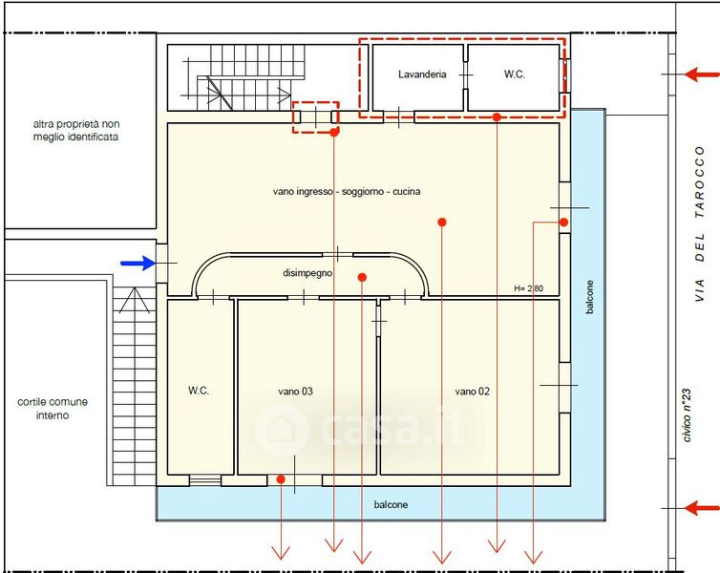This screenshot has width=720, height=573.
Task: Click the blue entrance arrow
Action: (138, 263)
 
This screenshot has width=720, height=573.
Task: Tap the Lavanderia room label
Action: (422, 74)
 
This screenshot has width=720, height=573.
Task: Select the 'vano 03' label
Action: (295, 392)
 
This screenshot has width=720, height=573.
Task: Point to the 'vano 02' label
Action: (472, 392)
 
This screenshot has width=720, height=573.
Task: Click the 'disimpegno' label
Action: (307, 273)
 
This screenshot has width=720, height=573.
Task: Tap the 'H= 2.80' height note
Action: (528, 288)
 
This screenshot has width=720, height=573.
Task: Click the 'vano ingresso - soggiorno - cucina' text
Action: (347, 191)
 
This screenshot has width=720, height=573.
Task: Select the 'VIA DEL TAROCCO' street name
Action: (699, 223)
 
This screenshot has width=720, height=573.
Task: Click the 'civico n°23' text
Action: (687, 415)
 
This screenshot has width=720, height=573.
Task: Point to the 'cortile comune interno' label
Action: (53, 408)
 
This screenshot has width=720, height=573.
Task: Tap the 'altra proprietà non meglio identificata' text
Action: (75, 131)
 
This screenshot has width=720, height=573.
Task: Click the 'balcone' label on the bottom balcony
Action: (391, 504)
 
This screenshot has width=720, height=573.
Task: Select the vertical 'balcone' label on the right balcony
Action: (589, 297)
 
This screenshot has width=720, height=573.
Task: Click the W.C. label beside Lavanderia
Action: (515, 74)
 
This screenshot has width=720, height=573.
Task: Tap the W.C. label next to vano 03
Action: (199, 391)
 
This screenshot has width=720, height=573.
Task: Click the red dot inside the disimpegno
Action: (362, 277)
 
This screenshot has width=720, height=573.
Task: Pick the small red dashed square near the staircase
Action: (316, 117)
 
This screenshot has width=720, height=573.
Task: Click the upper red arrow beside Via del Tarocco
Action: (702, 74)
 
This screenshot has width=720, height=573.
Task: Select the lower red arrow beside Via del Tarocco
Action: (702, 508)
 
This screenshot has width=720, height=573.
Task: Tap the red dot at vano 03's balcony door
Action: (281, 479)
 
